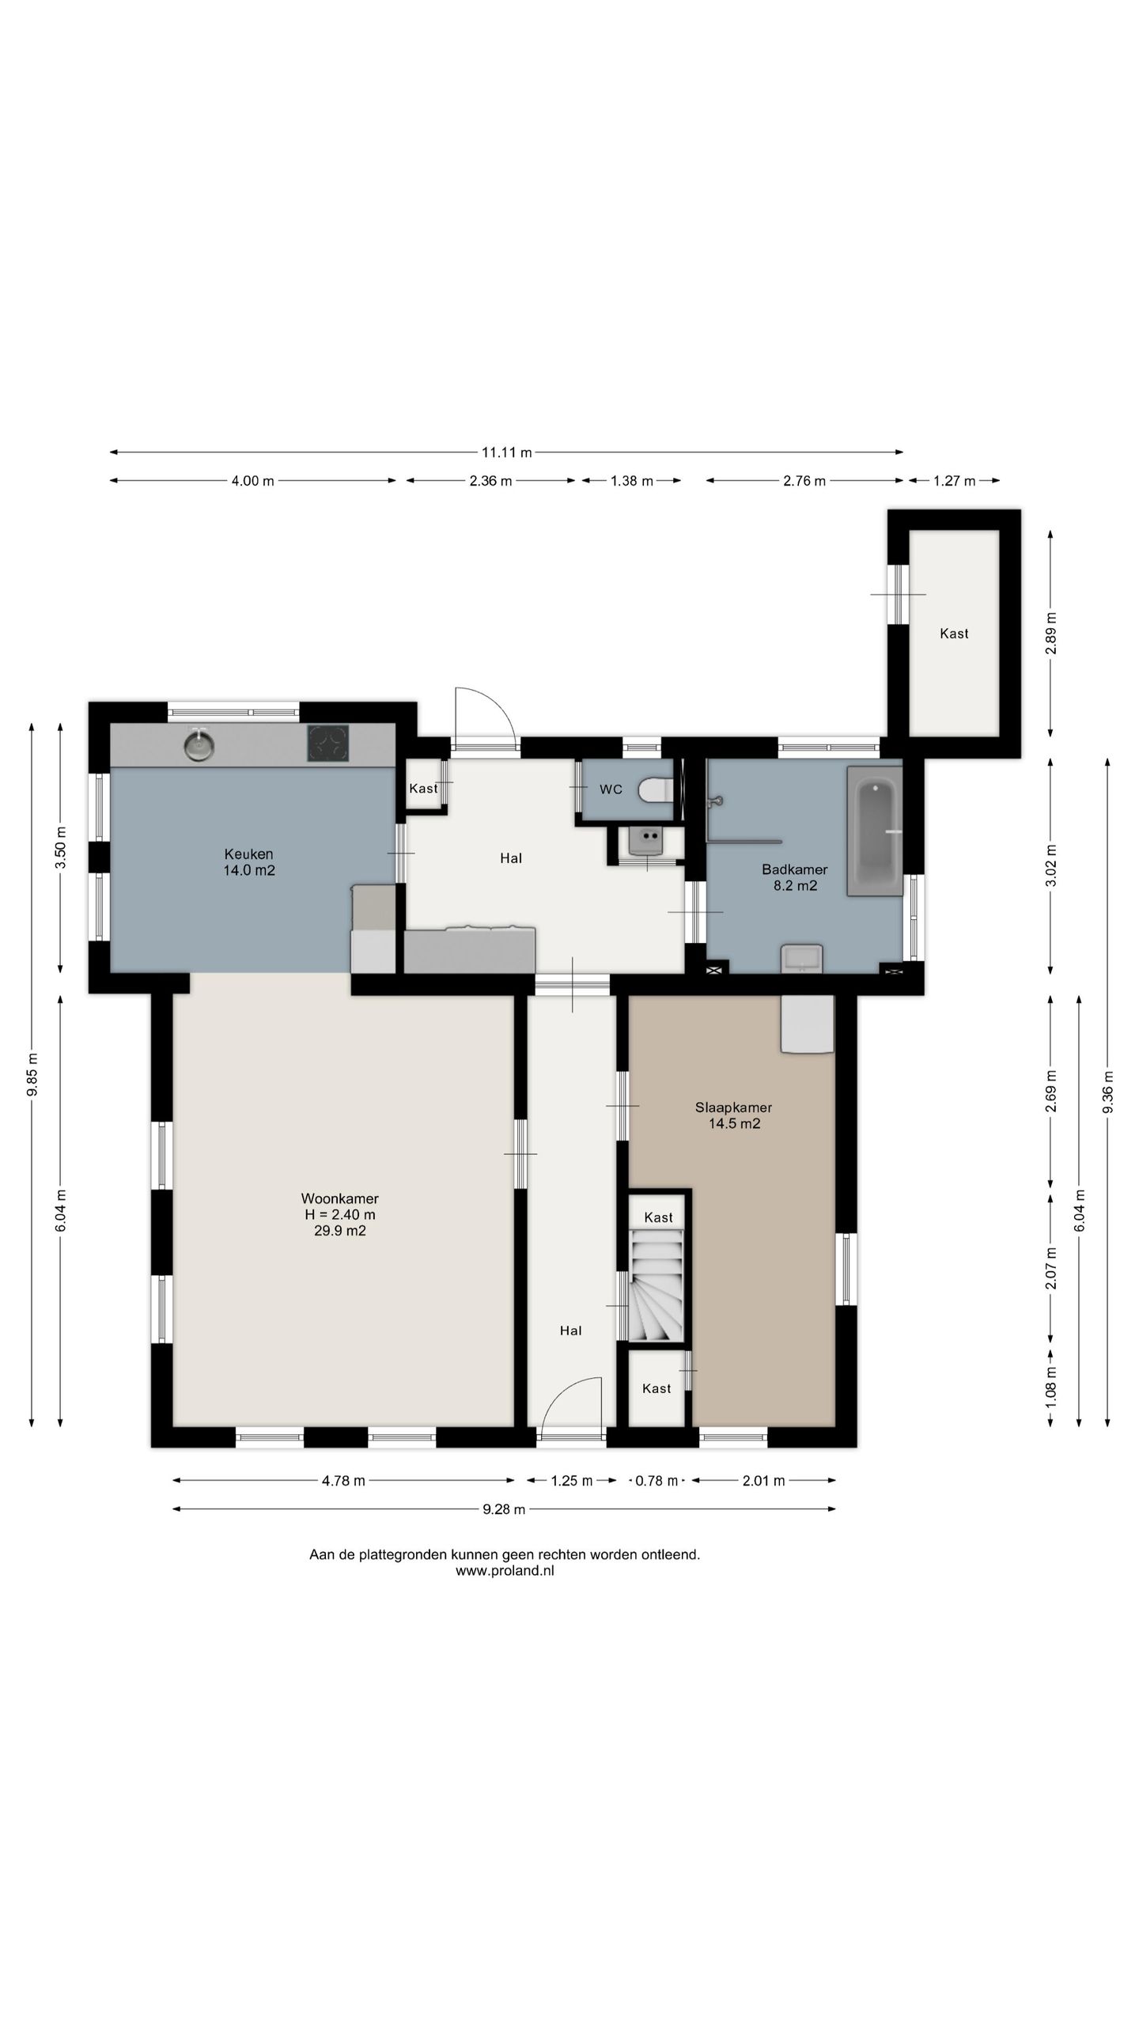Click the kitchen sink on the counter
click(x=199, y=744)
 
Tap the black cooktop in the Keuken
click(x=328, y=744)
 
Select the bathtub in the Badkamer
click(x=875, y=831)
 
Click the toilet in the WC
click(x=656, y=789)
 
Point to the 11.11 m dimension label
click(x=507, y=452)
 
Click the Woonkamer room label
click(x=340, y=1198)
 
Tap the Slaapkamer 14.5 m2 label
click(x=734, y=1115)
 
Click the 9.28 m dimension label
click(x=505, y=1509)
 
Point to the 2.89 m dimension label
click(x=1050, y=633)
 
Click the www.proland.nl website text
click(x=505, y=1571)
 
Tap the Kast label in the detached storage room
click(x=954, y=633)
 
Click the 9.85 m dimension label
click(x=32, y=1074)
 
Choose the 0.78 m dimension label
click(x=657, y=1481)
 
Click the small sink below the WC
click(x=648, y=841)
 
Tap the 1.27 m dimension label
click(x=955, y=481)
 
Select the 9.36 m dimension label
click(x=1107, y=1092)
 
